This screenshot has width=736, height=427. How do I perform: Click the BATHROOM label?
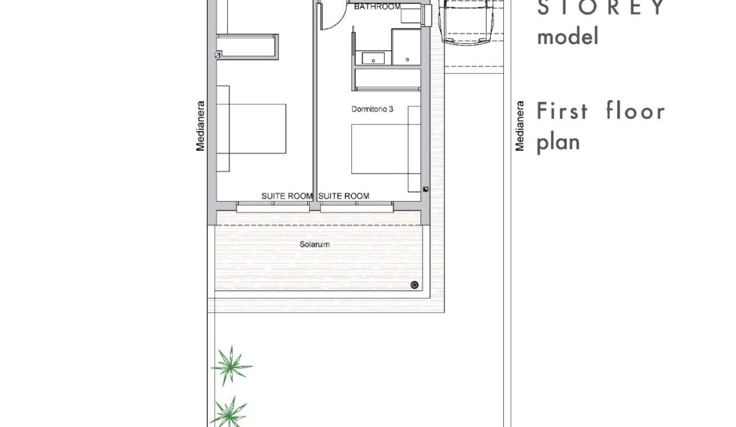377,7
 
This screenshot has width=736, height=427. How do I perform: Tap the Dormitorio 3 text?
372,109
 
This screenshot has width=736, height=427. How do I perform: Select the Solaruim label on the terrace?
315,244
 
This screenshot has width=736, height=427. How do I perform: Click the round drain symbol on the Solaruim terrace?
415,285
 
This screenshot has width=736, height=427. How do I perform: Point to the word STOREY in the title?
601,7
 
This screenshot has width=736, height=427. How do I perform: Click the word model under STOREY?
568,37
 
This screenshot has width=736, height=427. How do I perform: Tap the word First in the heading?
562,111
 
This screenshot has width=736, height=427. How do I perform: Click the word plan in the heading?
559,143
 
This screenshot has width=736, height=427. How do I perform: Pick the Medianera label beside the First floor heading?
519,126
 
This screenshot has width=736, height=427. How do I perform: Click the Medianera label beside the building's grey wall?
200,126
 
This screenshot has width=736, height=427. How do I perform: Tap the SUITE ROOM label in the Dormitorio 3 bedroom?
344,196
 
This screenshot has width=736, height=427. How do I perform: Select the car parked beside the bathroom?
468,22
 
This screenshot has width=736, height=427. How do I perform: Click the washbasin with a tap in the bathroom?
373,59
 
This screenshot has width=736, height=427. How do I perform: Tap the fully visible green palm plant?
231,365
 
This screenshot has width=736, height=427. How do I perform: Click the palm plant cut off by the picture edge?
229,413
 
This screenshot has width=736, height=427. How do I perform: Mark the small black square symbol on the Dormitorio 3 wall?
426,189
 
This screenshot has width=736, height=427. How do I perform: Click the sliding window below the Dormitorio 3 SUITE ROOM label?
357,206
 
